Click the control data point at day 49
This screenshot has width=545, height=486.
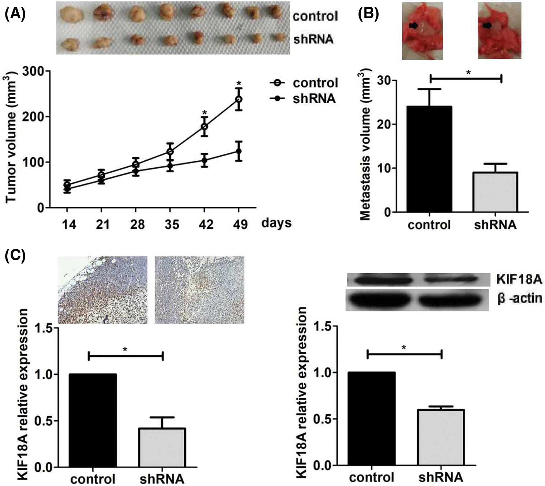click(238, 99)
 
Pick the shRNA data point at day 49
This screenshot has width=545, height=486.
click(238, 151)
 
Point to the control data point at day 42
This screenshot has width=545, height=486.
click(204, 127)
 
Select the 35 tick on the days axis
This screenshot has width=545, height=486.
click(171, 224)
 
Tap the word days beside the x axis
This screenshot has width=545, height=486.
click(276, 223)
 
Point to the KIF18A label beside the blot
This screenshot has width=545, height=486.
click(519, 280)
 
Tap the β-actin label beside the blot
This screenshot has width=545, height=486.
click(519, 298)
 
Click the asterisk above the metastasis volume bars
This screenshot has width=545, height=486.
click(468, 72)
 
